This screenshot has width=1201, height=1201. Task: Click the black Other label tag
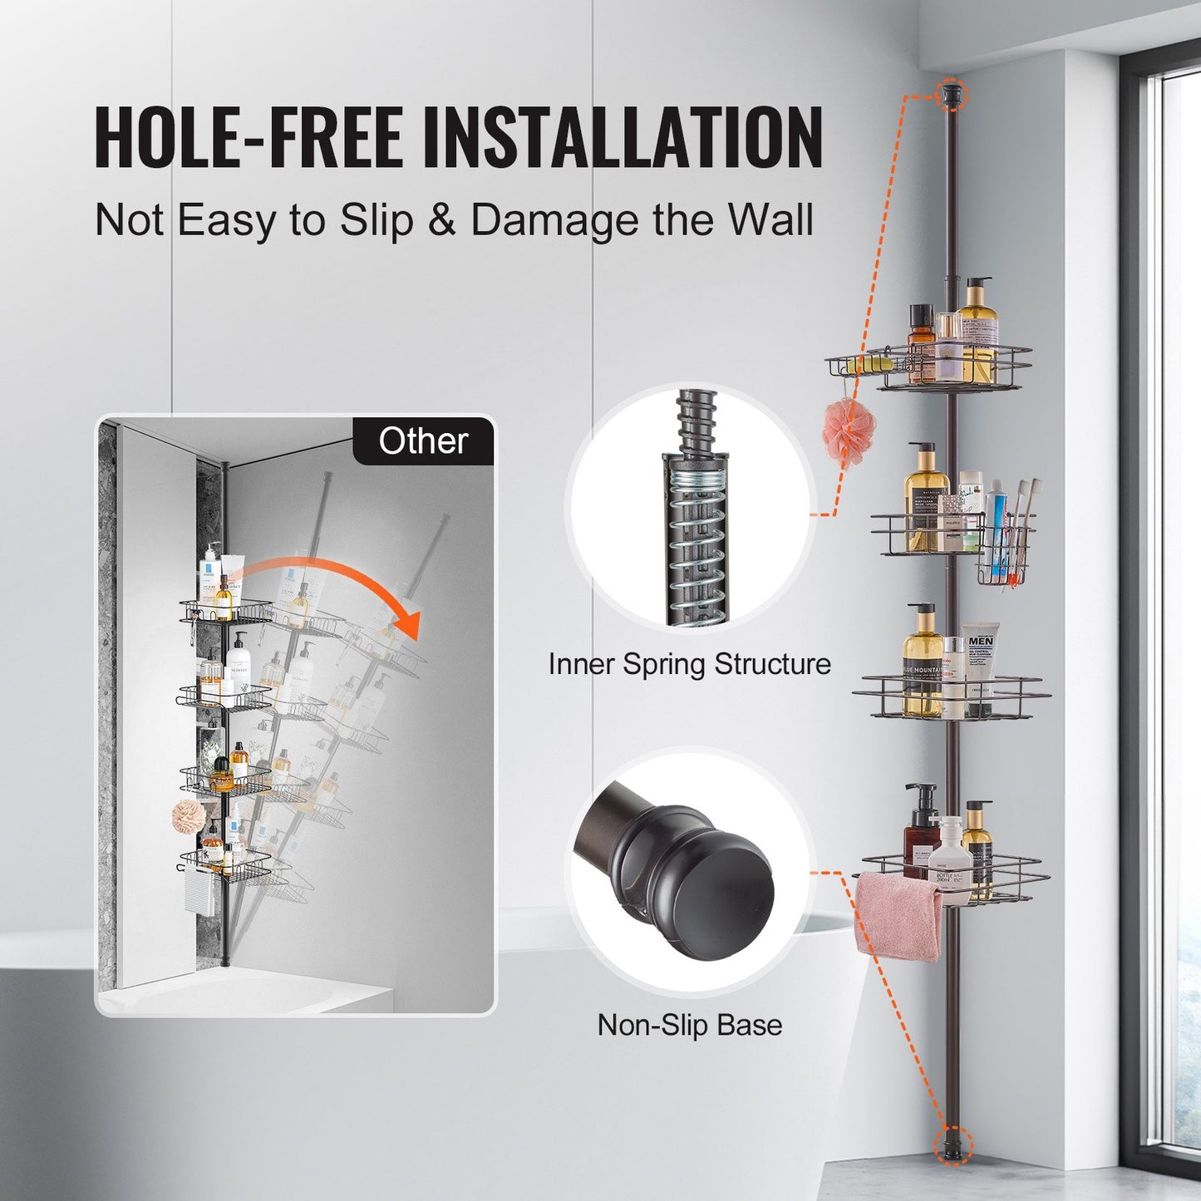coord(423,441)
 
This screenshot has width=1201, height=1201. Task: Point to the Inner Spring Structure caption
coord(689,664)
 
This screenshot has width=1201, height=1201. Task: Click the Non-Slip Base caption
coord(689,1025)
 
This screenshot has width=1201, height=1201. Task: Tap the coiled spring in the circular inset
coord(696,540)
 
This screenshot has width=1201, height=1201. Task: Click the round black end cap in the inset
coord(721,897)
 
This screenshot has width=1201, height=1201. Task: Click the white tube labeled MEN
coord(979,665)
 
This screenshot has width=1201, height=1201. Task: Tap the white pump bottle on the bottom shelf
coord(949,856)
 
